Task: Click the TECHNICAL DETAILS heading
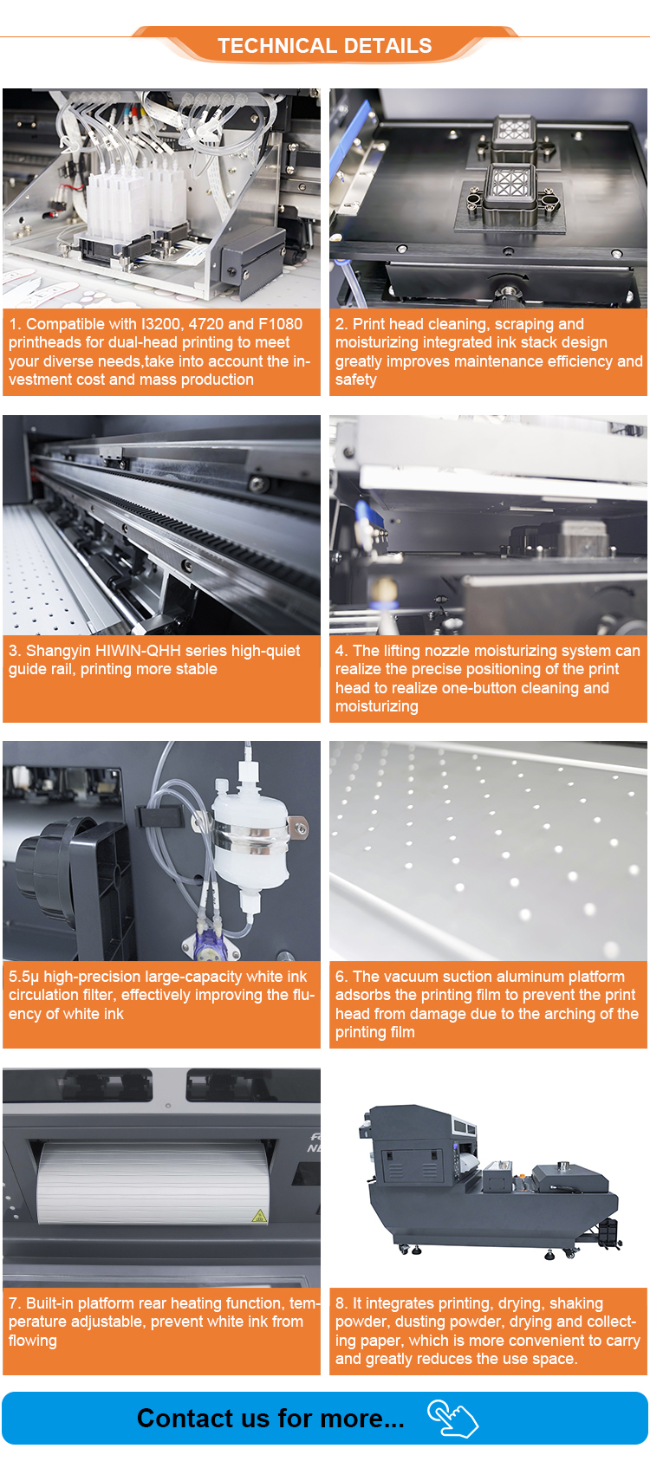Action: [x=324, y=46]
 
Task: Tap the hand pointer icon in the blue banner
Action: [x=452, y=1419]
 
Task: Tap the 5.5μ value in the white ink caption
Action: [x=23, y=977]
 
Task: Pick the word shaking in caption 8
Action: [x=576, y=1303]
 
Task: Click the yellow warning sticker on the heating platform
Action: [x=259, y=1217]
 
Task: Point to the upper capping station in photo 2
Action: [x=514, y=135]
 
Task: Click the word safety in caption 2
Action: [x=356, y=380]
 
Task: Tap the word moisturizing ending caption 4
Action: [x=377, y=706]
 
